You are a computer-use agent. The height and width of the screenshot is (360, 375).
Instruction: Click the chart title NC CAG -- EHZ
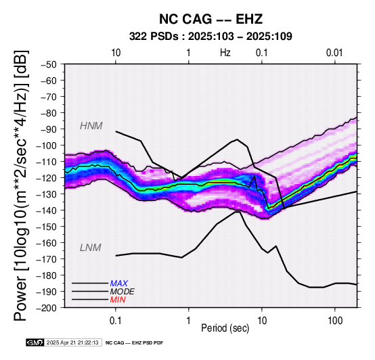pyautogui.click(x=211, y=19)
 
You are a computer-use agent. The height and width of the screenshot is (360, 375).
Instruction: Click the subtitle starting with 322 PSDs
pyautogui.click(x=211, y=37)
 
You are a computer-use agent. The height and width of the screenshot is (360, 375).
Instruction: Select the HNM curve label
pyautogui.click(x=91, y=126)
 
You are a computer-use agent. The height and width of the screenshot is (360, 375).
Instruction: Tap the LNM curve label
pyautogui.click(x=91, y=248)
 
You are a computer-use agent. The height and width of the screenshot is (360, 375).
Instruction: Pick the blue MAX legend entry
pyautogui.click(x=119, y=284)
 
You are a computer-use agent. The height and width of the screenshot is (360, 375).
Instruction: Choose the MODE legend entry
pyautogui.click(x=123, y=292)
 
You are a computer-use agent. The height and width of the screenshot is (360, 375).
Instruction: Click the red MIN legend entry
pyautogui.click(x=118, y=300)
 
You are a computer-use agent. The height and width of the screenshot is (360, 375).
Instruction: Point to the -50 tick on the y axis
pyautogui.click(x=49, y=64)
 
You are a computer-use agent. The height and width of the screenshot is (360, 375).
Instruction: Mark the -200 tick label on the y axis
pyautogui.click(x=47, y=308)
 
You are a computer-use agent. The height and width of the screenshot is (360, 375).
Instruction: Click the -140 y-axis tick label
pyautogui.click(x=47, y=210)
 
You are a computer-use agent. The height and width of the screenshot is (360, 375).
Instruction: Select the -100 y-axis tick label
pyautogui.click(x=47, y=145)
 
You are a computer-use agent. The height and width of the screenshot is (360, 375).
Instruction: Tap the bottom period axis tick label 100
pyautogui.click(x=335, y=321)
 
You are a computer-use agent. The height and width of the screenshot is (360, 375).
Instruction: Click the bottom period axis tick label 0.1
pyautogui.click(x=116, y=321)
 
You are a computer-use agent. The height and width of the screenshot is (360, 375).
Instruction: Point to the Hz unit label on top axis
pyautogui.click(x=225, y=52)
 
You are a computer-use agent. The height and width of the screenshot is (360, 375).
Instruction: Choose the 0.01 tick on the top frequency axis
pyautogui.click(x=335, y=52)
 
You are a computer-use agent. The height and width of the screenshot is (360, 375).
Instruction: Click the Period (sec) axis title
pyautogui.click(x=225, y=328)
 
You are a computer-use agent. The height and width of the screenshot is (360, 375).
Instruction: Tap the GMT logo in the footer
pyautogui.click(x=35, y=342)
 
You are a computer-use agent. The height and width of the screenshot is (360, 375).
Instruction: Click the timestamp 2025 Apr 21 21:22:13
pyautogui.click(x=72, y=342)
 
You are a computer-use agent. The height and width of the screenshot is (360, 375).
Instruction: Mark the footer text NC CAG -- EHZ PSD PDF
pyautogui.click(x=135, y=343)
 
